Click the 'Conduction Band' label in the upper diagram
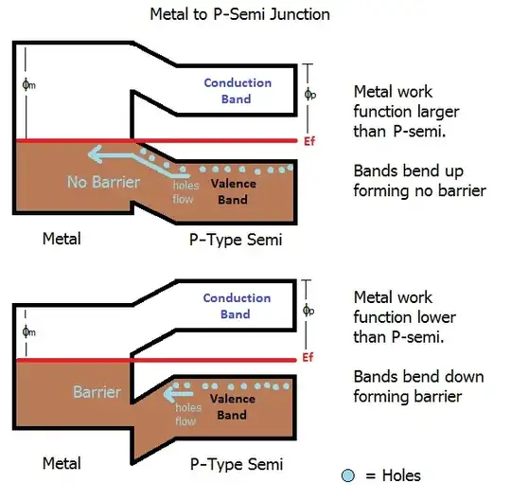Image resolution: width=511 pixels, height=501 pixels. [238, 90]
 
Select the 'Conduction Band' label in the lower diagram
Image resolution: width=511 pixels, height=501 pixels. [238, 306]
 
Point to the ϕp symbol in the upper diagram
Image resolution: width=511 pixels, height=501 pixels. [309, 94]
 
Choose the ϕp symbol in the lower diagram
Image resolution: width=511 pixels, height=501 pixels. [309, 310]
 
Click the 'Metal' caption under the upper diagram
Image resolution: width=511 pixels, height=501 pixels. [62, 239]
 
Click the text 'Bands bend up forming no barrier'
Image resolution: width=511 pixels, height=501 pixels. [419, 182]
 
